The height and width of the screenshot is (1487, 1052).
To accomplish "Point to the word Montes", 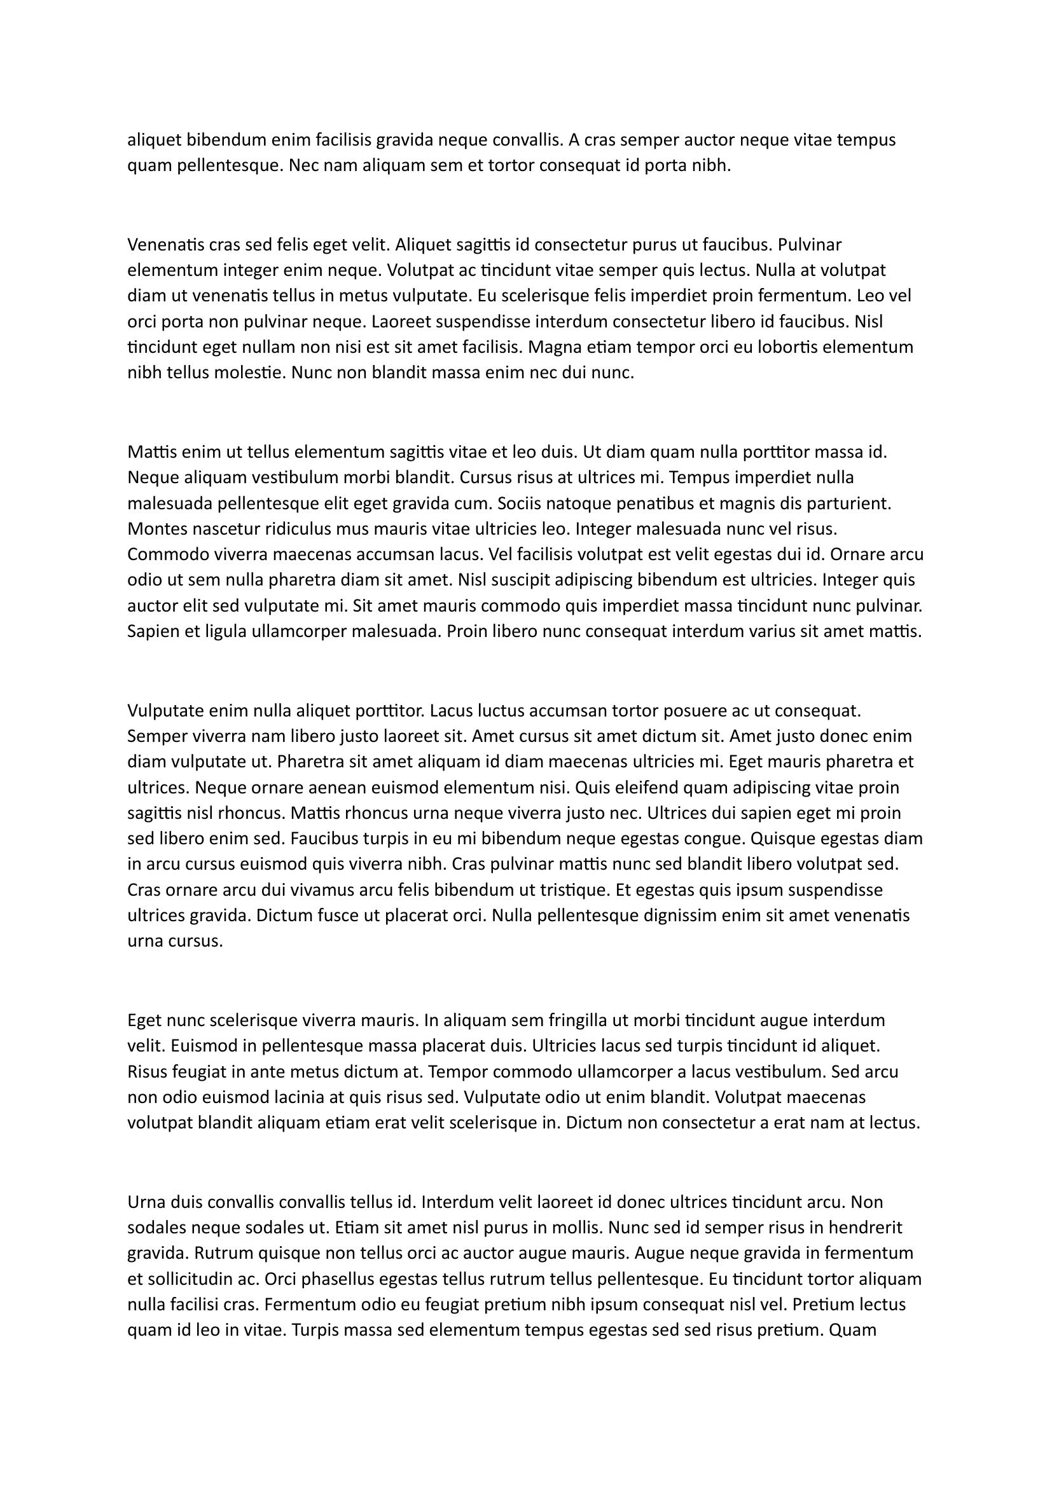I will pos(155,529).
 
